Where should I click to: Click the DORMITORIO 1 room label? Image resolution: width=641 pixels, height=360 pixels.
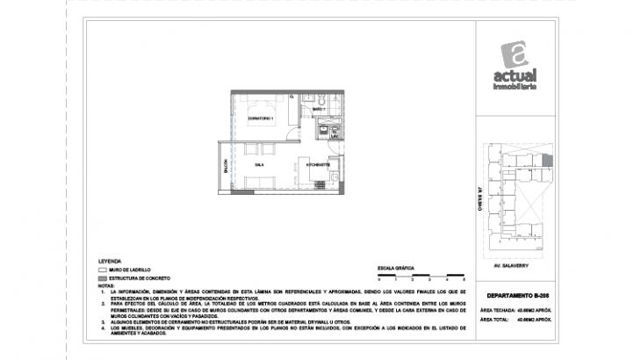[261, 119]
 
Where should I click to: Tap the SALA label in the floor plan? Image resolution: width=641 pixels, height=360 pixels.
[260, 164]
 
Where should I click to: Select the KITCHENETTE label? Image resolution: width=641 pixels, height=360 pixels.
[318, 164]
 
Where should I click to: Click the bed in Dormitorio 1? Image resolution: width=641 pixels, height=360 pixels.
[260, 105]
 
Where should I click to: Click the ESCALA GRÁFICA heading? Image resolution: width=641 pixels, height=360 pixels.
[394, 264]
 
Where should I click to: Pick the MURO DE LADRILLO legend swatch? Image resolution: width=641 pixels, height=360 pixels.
[102, 270]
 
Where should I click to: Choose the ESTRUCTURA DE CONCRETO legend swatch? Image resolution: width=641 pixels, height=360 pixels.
[102, 278]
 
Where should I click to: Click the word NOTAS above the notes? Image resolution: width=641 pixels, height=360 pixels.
[107, 285]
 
